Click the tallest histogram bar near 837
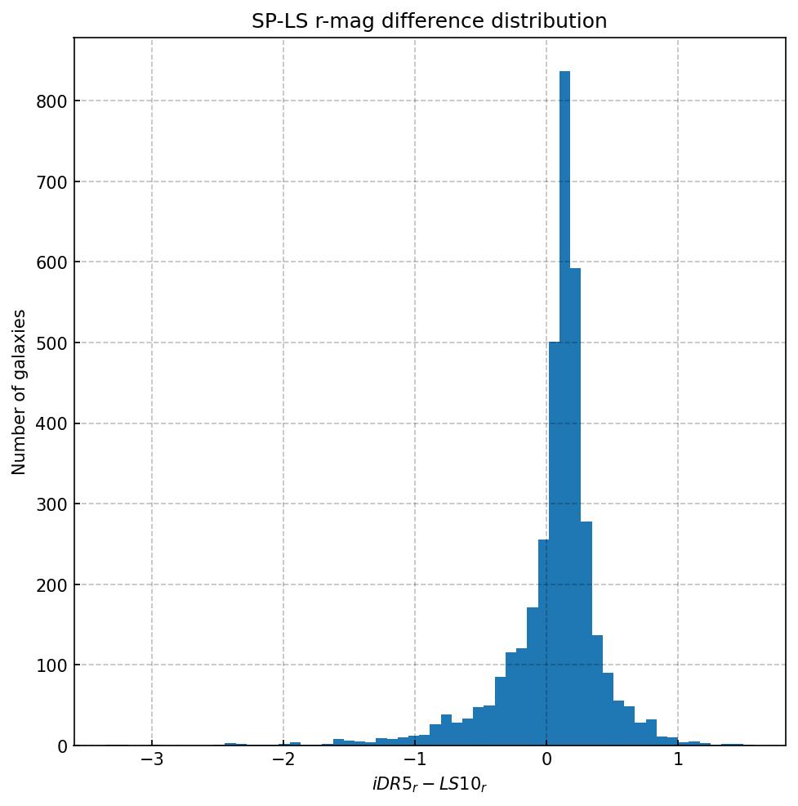point(564,409)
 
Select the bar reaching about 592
point(575,507)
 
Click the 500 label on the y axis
point(51,343)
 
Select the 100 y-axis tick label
point(51,665)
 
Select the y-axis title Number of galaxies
point(20,392)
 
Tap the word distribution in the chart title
point(559,21)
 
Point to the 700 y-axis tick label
point(51,182)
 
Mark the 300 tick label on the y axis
point(51,504)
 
